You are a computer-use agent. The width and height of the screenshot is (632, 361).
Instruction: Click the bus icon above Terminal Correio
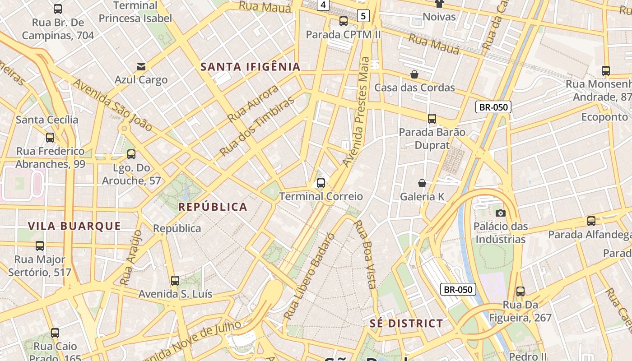pos(321,183)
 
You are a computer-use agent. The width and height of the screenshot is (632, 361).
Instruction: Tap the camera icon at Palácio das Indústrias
pos(500,213)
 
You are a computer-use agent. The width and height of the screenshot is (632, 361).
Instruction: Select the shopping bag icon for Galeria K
pos(422,183)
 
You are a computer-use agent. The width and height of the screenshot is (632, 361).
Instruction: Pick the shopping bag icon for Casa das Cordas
pos(414,74)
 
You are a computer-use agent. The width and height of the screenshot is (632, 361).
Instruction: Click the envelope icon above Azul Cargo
pos(141,67)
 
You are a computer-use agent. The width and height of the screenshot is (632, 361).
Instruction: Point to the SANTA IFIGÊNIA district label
pos(250,67)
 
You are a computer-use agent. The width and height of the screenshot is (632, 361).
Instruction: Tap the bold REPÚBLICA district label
pos(213,207)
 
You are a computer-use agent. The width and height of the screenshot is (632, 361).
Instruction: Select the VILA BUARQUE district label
pos(74,226)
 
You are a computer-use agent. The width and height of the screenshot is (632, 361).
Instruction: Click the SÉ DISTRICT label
pos(406,324)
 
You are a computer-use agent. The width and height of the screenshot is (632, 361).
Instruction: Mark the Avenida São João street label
pos(113,105)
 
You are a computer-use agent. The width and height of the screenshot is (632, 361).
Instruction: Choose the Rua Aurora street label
pos(253,104)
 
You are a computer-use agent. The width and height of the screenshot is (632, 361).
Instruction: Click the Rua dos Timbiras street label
pos(257,126)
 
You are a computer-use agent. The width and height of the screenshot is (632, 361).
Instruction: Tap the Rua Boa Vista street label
pos(365,254)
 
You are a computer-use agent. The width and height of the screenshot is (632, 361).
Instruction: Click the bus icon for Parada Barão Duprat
pos(432,119)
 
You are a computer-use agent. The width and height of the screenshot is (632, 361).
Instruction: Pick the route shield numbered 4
pos(322,5)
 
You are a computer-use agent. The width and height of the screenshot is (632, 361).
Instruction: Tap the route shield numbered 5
pos(363,16)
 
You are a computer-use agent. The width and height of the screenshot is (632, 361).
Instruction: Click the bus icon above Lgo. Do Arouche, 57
pos(131,154)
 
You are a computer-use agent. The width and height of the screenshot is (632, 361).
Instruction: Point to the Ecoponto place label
pos(604,117)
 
